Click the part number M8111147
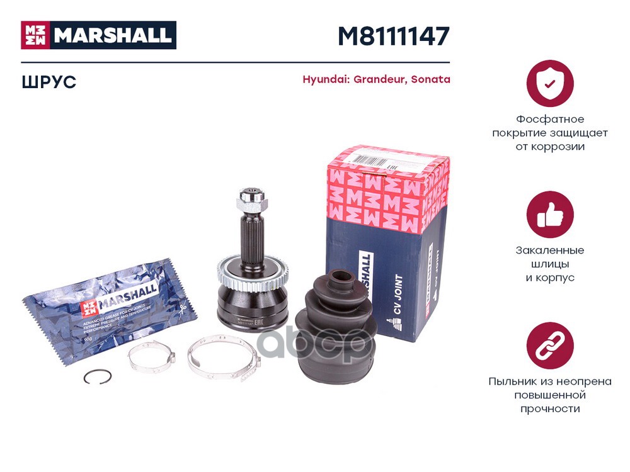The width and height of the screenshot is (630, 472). point(393,37)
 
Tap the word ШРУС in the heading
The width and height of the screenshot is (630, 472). point(49,82)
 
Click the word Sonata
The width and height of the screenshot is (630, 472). point(430,80)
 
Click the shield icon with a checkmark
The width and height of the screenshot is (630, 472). point(549,83)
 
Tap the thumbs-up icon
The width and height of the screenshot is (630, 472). point(549,215)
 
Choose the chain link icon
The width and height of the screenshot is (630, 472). point(549,346)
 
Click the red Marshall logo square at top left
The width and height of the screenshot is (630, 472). point(36,35)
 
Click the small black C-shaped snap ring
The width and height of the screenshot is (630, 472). point(98,377)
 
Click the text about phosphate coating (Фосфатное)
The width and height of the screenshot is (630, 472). point(549,120)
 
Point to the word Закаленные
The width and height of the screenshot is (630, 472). point(549,250)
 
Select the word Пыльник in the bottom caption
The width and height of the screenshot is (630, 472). point(511,381)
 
